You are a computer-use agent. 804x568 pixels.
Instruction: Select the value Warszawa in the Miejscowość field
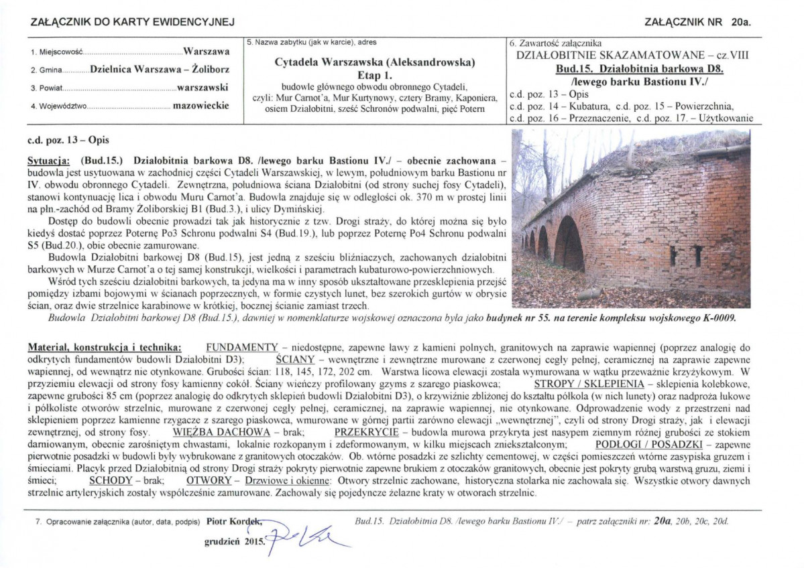pos(207,51)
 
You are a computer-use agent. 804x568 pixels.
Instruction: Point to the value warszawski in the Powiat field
pos(203,87)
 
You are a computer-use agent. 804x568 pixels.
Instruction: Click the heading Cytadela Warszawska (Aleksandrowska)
pos(375,62)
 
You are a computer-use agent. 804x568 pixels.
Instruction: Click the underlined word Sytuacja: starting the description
pos(49,161)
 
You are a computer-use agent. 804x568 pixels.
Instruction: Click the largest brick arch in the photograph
pos(569,244)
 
